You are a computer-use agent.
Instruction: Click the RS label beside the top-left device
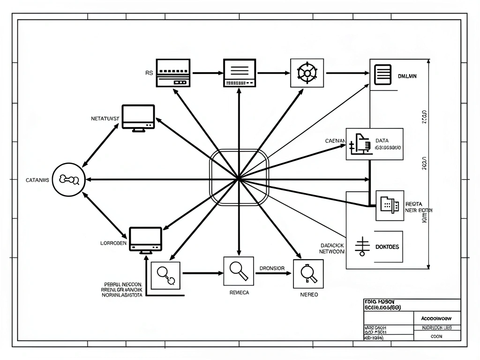pyautogui.click(x=149, y=73)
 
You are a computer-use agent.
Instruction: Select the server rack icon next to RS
pyautogui.click(x=173, y=73)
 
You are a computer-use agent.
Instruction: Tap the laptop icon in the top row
pyautogui.click(x=240, y=73)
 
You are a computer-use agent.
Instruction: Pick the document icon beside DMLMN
pyautogui.click(x=383, y=74)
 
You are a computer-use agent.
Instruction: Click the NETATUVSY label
pyautogui.click(x=105, y=119)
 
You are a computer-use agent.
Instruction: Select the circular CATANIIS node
pyautogui.click(x=68, y=179)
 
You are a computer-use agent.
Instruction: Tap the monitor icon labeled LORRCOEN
pyautogui.click(x=145, y=240)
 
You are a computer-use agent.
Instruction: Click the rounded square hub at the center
pyautogui.click(x=239, y=178)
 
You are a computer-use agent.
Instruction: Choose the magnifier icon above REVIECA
pyautogui.click(x=239, y=271)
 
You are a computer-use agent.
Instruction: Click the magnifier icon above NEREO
pyautogui.click(x=308, y=274)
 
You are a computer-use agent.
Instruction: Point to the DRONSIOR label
pyautogui.click(x=271, y=269)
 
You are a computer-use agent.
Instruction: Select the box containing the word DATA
pyautogui.click(x=374, y=144)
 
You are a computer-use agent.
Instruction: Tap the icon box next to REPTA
pyautogui.click(x=390, y=205)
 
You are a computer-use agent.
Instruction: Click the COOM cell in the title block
pyautogui.click(x=437, y=336)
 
